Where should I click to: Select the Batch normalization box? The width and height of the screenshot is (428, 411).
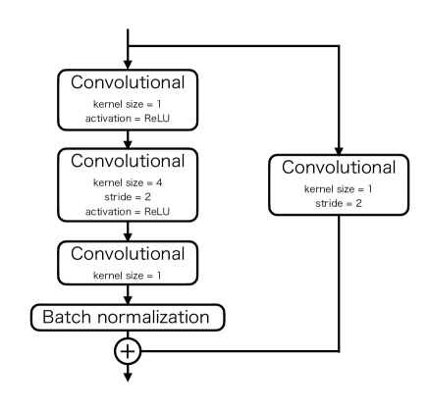click(129, 317)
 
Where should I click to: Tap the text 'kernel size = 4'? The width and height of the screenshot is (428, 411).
click(129, 181)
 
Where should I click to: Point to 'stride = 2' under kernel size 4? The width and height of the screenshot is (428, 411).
click(129, 195)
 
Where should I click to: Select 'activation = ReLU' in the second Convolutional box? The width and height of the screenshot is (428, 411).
click(129, 209)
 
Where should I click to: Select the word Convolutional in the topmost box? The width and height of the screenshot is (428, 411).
click(129, 79)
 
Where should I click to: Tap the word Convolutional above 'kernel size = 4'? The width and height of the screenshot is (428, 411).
click(129, 161)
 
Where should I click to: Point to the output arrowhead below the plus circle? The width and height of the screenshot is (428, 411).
click(129, 376)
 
